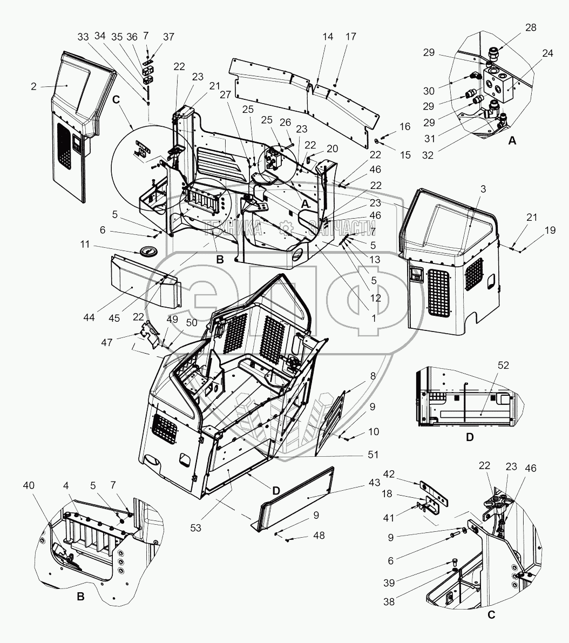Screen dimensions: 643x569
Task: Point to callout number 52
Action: click(503, 366)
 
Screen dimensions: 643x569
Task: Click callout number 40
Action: click(29, 485)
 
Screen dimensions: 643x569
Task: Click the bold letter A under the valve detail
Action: click(512, 141)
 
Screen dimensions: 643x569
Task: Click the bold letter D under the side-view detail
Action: click(470, 437)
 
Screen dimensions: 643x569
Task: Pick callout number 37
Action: click(169, 37)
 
